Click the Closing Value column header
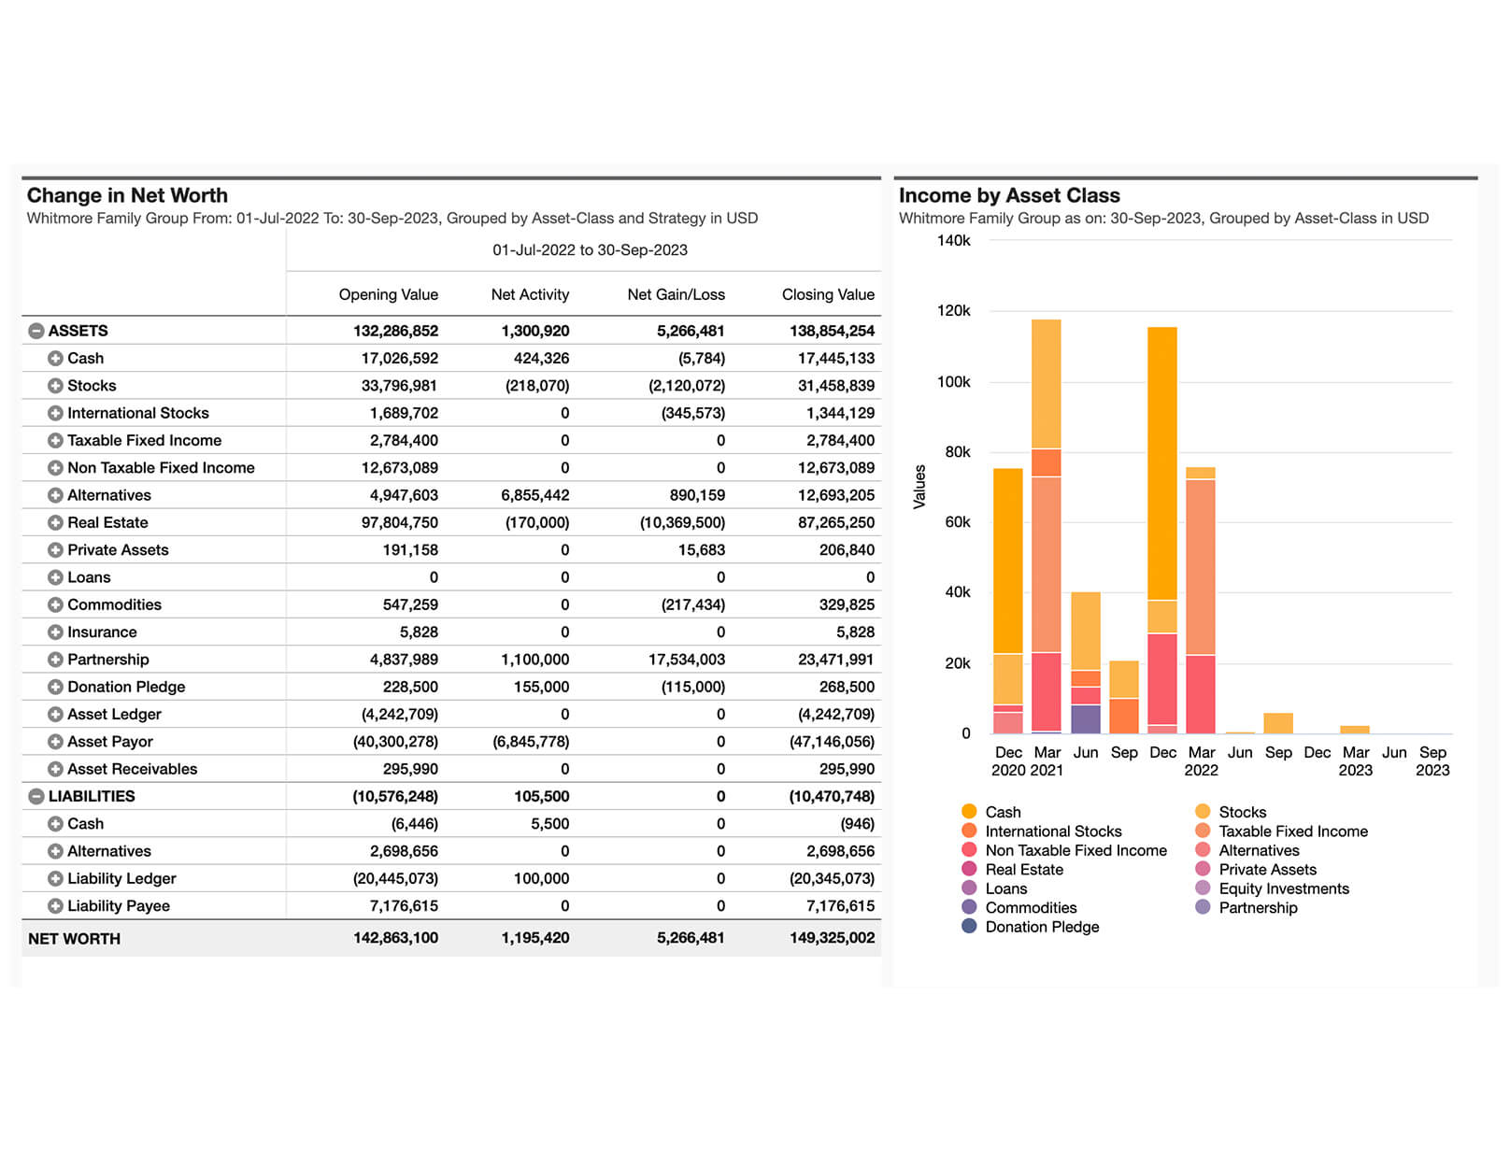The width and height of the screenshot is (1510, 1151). pos(828,294)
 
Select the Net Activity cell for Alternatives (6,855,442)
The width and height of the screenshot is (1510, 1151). pos(534,495)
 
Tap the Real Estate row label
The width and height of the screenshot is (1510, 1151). pos(107,522)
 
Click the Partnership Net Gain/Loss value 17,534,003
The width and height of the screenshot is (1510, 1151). pos(686,660)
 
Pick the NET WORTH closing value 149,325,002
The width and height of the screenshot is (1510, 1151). pos(832,938)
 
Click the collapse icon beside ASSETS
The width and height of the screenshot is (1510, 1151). pos(36,331)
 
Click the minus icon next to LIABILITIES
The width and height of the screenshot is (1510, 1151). pos(36,796)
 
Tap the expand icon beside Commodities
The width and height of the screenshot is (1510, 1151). pos(56,605)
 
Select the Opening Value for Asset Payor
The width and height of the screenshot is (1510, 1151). pos(395,742)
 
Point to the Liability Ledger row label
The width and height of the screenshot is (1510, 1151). pos(121,879)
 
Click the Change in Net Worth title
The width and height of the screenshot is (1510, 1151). pos(127,195)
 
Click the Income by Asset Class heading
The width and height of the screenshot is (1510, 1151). pos(1009,195)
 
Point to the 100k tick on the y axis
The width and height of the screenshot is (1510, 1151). pos(953,381)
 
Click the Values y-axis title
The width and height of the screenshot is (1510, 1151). pos(919,487)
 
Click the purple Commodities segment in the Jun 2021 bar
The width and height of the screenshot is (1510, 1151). pos(1086,719)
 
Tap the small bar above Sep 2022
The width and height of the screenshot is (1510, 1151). pos(1278,723)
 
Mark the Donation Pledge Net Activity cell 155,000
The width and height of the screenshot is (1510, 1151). pos(541,687)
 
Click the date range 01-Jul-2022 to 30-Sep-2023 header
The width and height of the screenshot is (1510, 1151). pos(590,249)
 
